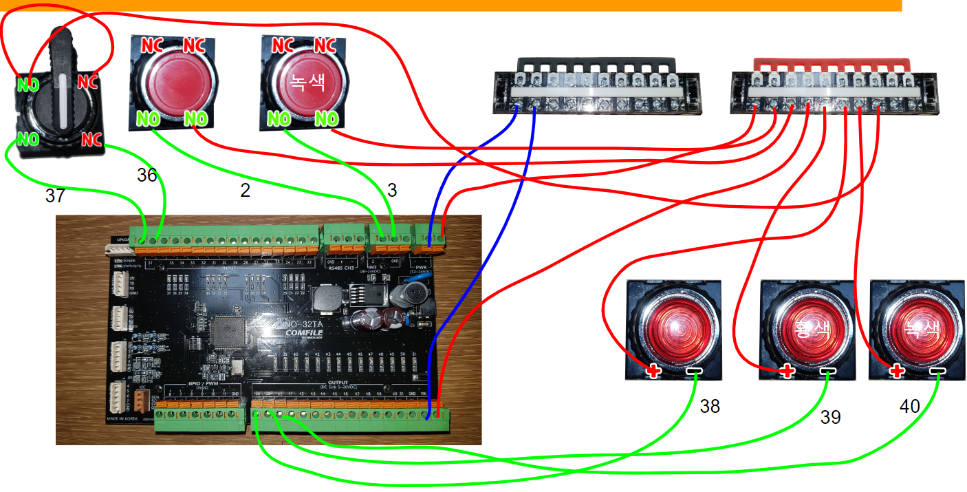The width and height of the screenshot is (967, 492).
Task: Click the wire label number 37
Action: click(55, 196)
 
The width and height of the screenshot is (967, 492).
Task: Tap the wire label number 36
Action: click(147, 175)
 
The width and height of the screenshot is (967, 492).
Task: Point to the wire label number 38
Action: click(710, 407)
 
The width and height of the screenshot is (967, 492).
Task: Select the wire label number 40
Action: click(909, 407)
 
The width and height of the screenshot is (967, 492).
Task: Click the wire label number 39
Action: click(831, 417)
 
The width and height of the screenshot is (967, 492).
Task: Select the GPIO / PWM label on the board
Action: click(202, 383)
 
